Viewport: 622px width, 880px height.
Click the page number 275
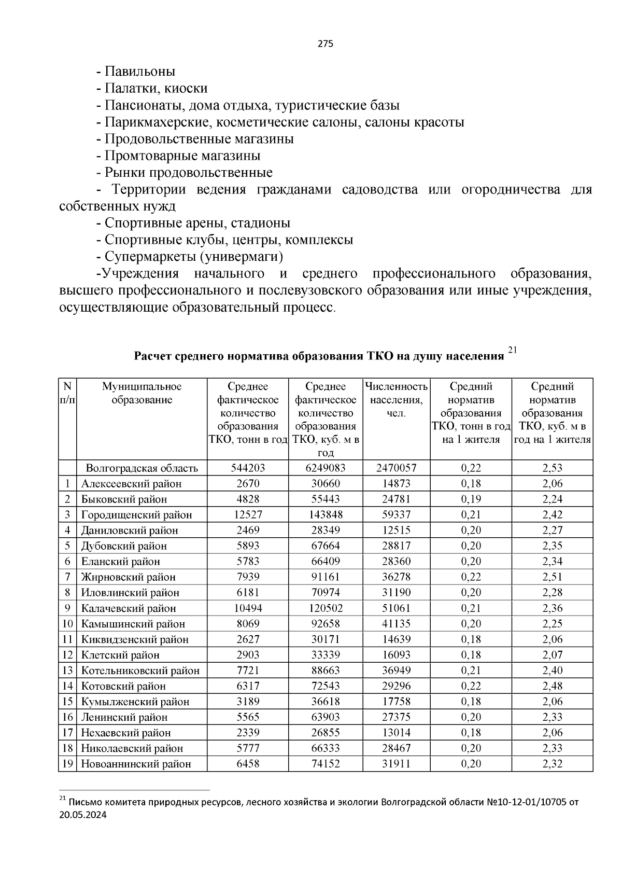pos(325,44)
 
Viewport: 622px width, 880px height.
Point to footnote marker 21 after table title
pos(512,351)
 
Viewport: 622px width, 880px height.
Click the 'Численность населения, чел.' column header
pos(396,400)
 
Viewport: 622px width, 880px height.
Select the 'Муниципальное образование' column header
pos(142,393)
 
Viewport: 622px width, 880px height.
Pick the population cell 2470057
pos(396,468)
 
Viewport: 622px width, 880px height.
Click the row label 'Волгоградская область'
pos(142,468)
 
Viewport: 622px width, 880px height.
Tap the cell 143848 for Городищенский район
pos(325,515)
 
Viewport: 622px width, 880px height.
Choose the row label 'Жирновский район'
pos(128,577)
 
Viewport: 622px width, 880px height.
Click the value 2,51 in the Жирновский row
pos(552,577)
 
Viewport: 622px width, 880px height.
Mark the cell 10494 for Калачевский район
pos(247,608)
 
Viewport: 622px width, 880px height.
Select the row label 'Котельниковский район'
pos(140,671)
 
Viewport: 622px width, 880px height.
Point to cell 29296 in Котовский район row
pos(396,686)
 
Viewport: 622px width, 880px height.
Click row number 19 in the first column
pos(67,764)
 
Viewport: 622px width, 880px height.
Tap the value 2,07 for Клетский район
pos(552,655)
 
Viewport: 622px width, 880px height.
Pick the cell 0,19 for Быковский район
pos(471,499)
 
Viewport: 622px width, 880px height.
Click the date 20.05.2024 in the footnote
pos(83,815)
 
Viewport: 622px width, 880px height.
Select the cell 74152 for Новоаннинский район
pos(325,764)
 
